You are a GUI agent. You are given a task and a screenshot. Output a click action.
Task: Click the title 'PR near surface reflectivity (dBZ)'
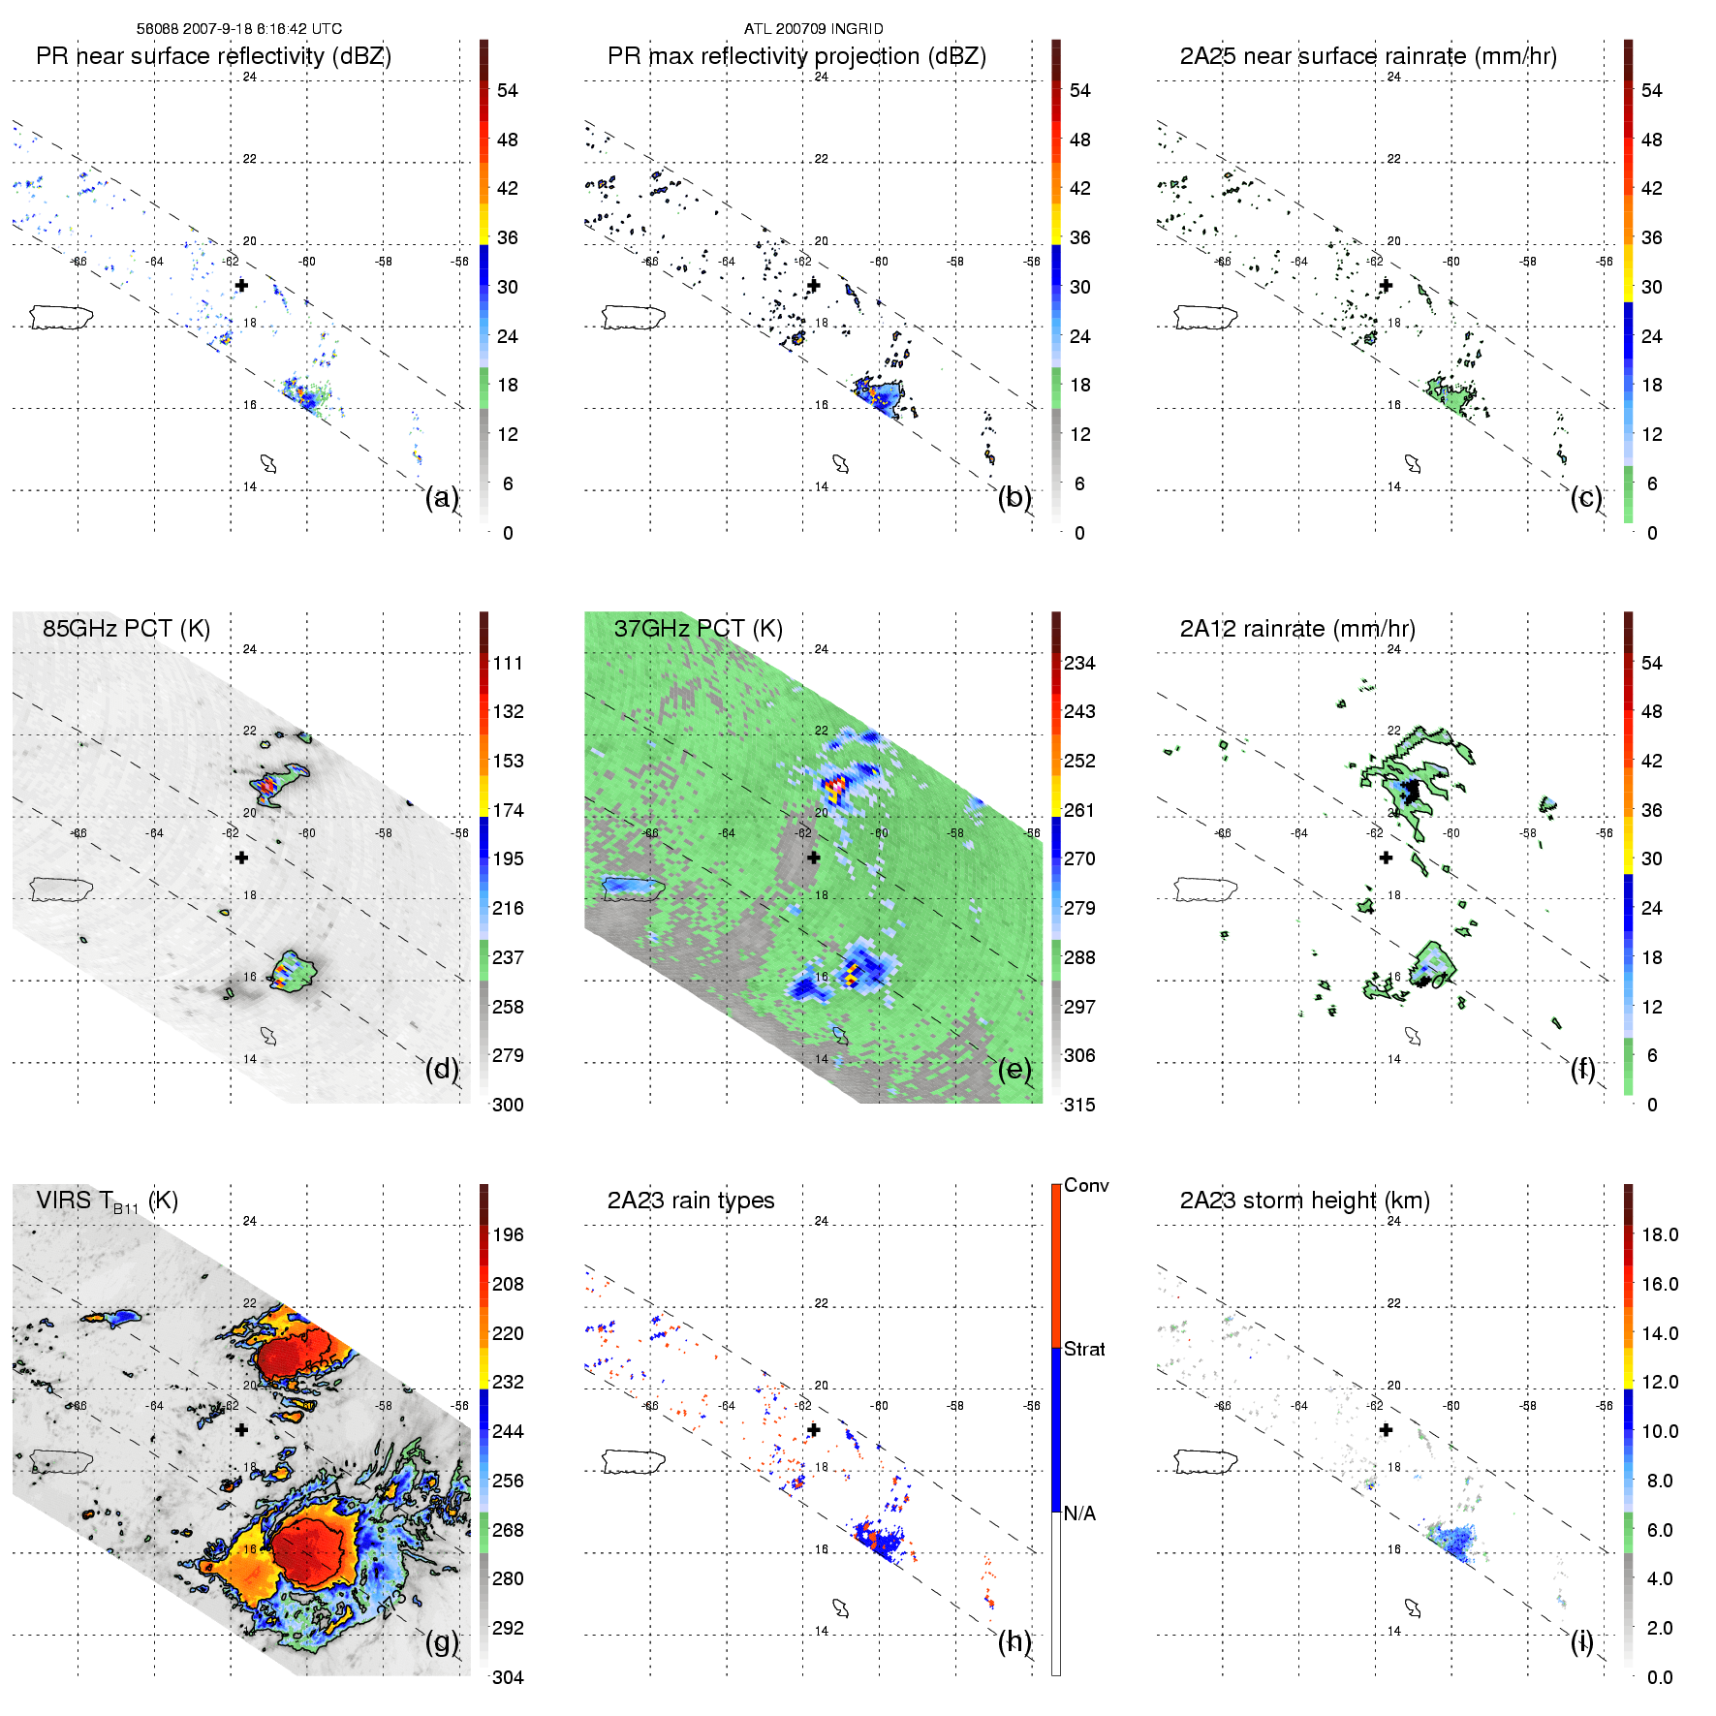pos(213,56)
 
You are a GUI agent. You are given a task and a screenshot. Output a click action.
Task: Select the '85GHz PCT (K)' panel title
pos(126,629)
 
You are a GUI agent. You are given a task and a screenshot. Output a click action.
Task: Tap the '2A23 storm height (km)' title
pos(1304,1201)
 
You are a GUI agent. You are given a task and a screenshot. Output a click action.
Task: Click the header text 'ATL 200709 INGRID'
pos(813,29)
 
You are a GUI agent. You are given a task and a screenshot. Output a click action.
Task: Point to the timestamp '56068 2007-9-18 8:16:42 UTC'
pos(238,29)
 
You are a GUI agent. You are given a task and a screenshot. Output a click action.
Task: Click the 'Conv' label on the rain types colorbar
pos(1086,1185)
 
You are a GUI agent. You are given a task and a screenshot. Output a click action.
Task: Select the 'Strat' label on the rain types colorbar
pos(1084,1349)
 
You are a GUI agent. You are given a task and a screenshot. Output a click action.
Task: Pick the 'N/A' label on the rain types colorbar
pos(1079,1513)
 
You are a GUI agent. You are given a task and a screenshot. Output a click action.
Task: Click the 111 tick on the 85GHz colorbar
pos(508,663)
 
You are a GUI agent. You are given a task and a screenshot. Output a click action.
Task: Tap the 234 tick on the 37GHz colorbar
pos(1079,663)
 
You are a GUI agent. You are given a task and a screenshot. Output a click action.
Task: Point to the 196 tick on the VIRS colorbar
pos(508,1234)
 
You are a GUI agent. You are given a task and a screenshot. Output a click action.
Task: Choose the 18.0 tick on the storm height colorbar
pos(1660,1234)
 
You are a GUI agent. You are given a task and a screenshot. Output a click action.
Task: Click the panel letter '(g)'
pos(442,1641)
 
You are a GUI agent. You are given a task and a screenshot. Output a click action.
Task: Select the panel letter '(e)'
pos(1014,1070)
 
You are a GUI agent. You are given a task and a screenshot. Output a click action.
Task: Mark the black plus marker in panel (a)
pos(241,285)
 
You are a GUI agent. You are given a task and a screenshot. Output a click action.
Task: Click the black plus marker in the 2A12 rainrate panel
pos(1386,858)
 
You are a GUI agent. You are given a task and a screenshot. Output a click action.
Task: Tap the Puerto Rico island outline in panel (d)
pos(61,889)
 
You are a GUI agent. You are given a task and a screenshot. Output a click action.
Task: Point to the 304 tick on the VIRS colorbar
pos(508,1677)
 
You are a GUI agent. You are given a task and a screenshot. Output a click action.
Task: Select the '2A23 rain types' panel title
pos(690,1201)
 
